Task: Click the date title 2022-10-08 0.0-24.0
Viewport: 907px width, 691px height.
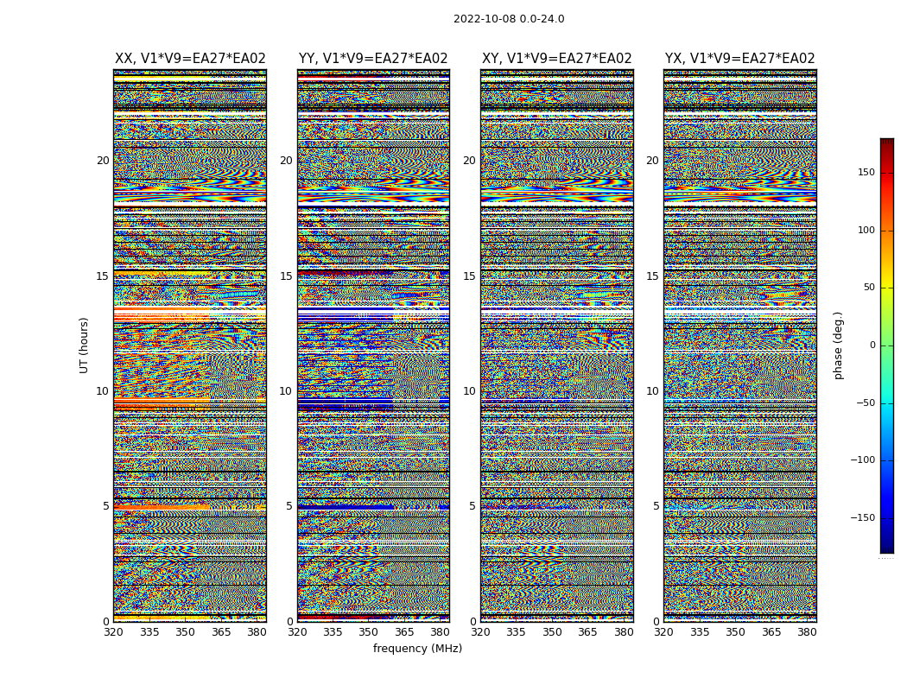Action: [509, 19]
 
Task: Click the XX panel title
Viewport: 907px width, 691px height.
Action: [190, 59]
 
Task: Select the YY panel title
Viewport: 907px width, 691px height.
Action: [373, 59]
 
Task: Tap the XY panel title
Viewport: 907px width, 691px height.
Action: [556, 59]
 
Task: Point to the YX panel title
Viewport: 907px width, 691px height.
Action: [739, 59]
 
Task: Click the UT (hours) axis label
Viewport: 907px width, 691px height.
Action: [85, 345]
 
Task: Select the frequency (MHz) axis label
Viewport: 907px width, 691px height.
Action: [417, 649]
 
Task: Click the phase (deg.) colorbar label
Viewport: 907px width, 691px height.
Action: [838, 345]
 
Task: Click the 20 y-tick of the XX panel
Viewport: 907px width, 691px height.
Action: [103, 161]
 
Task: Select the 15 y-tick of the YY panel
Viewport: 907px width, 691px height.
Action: [286, 276]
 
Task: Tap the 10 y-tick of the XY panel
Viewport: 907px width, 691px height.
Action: [469, 391]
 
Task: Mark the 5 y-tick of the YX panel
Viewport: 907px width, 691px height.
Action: [656, 506]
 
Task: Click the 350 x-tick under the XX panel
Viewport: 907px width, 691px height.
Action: [186, 632]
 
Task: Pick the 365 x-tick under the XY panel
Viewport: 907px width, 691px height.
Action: [588, 632]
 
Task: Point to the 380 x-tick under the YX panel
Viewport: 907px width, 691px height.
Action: [807, 632]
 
